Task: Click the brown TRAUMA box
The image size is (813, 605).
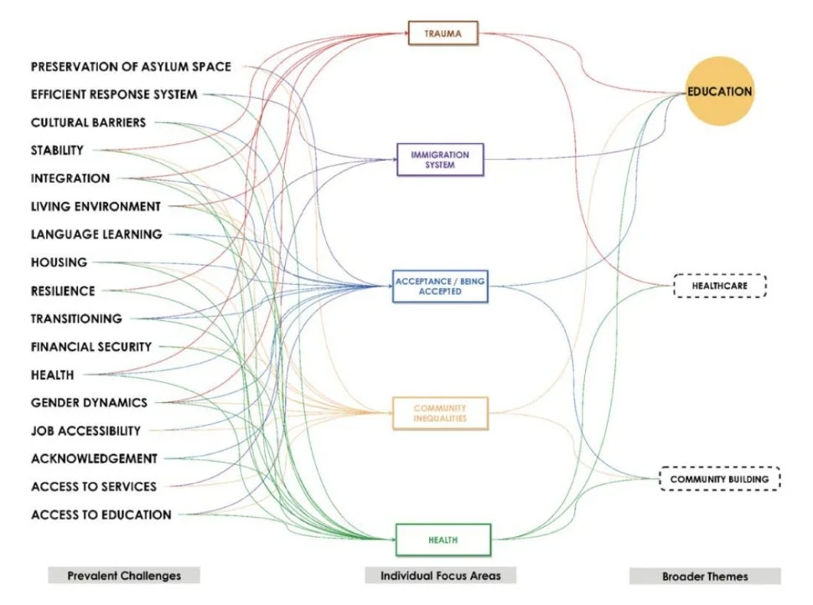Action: point(443,34)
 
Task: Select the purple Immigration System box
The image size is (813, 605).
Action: point(440,159)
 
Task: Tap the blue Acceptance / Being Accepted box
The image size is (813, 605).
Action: point(440,287)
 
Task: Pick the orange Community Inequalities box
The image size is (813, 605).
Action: point(440,413)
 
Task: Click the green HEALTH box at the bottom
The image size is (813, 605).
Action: point(443,540)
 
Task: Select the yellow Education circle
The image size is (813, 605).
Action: point(719,91)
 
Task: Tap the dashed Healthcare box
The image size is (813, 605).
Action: point(719,287)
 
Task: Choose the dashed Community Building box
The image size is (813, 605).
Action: point(719,479)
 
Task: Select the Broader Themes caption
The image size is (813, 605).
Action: point(705,576)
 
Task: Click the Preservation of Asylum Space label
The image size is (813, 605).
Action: point(131,66)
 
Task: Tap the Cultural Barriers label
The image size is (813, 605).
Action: point(88,122)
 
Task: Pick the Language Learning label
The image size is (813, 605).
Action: point(96,235)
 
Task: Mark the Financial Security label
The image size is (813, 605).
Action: point(91,346)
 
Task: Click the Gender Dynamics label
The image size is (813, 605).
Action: point(89,402)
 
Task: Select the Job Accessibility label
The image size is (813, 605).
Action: point(85,431)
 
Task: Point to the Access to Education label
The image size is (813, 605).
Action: point(101,515)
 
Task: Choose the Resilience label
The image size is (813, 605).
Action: point(63,291)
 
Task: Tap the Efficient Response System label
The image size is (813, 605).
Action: point(114,95)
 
